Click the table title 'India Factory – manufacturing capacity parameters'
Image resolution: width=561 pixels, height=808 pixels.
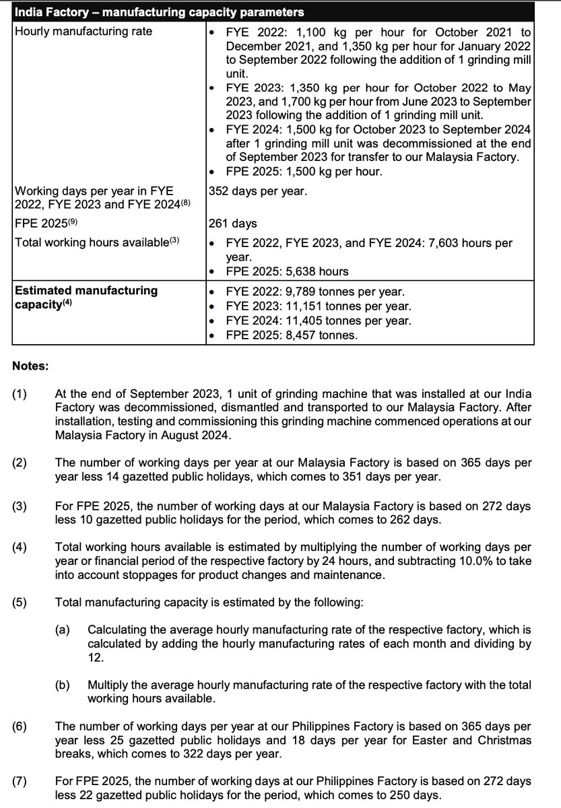coord(159,12)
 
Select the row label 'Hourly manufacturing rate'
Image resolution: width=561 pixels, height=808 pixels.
coord(84,31)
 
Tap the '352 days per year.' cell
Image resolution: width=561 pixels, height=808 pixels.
coord(259,191)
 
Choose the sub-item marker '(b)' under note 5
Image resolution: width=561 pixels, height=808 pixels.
coord(63,685)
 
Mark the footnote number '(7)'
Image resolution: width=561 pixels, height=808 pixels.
coord(20,781)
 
